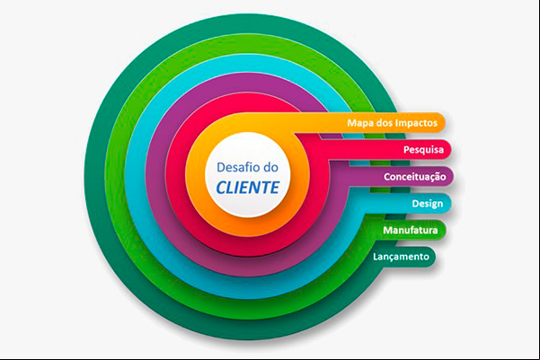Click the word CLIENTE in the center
click(x=247, y=188)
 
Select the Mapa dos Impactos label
click(x=392, y=123)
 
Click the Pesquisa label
click(x=423, y=150)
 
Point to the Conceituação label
click(x=414, y=177)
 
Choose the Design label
click(x=428, y=204)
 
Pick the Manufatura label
click(x=410, y=230)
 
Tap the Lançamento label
click(x=401, y=257)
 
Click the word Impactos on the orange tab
click(x=416, y=123)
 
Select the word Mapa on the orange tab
click(x=359, y=123)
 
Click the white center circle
click(x=248, y=175)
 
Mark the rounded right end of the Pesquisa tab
click(x=448, y=150)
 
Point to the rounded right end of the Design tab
click(x=447, y=204)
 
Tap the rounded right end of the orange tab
click(x=442, y=123)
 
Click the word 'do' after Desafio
click(x=270, y=168)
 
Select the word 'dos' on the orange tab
click(x=384, y=123)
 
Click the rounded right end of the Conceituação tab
click(x=450, y=177)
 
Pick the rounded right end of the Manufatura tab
click(x=442, y=230)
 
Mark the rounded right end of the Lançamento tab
click(x=432, y=257)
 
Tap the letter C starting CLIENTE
click(x=221, y=188)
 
